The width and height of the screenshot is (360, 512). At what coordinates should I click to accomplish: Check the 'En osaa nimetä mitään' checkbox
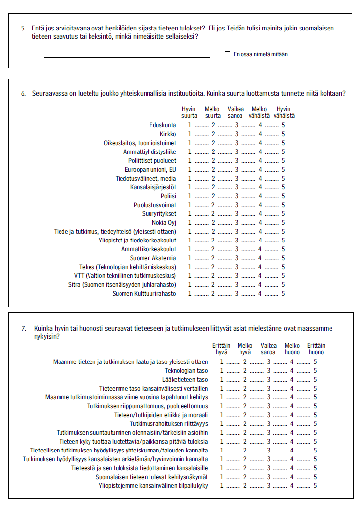[227, 54]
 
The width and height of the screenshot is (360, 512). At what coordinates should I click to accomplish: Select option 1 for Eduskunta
[189, 125]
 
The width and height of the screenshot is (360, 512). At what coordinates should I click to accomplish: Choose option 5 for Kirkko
[283, 134]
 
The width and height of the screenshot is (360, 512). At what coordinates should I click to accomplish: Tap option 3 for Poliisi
[236, 196]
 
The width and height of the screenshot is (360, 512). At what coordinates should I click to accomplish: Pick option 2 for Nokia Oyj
[213, 223]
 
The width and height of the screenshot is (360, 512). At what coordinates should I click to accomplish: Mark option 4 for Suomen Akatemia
[260, 258]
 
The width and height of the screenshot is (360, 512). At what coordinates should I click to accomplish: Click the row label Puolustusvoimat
[155, 205]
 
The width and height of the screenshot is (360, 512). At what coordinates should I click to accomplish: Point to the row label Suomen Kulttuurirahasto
[144, 294]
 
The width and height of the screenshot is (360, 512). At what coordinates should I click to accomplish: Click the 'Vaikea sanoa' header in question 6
[236, 112]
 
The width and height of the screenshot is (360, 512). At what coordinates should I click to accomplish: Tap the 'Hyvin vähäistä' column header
[284, 112]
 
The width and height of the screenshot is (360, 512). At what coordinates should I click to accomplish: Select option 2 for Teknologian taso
[245, 371]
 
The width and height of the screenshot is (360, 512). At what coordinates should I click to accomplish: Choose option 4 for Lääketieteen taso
[292, 380]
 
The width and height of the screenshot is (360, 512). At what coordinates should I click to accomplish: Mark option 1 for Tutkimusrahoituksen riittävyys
[222, 424]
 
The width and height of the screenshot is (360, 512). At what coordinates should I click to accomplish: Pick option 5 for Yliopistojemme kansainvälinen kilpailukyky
[315, 486]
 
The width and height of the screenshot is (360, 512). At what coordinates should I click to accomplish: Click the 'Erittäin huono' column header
[316, 349]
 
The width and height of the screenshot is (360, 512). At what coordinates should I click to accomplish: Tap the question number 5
[23, 28]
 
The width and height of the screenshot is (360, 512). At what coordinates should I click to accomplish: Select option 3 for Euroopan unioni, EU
[236, 170]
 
